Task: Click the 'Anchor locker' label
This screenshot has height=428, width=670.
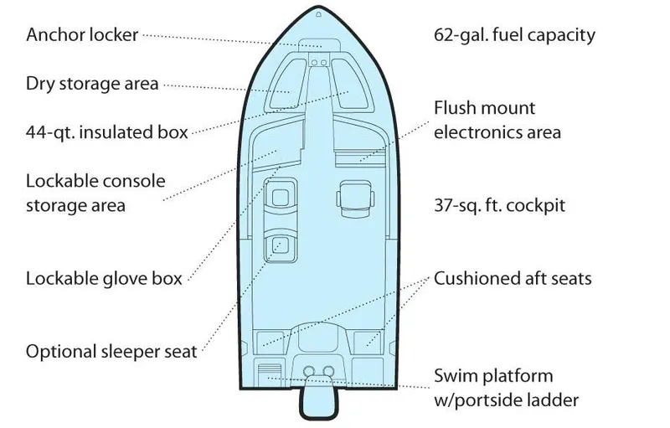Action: point(82,35)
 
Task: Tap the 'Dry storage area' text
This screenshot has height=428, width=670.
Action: point(92,84)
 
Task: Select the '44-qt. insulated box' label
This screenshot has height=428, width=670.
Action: point(106,131)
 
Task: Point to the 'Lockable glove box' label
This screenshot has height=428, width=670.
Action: point(104,278)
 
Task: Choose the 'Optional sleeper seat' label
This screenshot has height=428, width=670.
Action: point(111,351)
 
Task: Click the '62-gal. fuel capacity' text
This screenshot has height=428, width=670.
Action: point(514,35)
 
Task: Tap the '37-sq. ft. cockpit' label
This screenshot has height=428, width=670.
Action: point(500,205)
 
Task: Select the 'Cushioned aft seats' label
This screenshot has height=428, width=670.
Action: point(513,278)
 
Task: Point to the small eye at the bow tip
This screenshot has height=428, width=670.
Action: point(318,14)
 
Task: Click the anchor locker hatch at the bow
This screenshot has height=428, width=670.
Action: point(318,44)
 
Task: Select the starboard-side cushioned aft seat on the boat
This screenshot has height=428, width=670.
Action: point(368,338)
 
